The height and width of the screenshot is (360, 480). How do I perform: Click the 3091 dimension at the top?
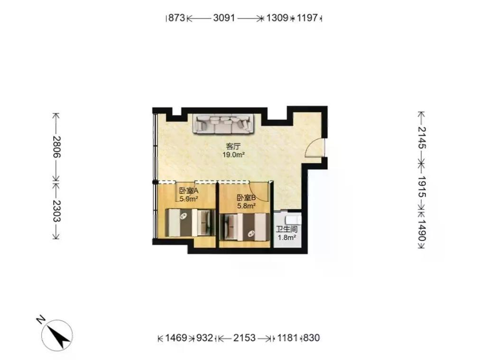tap(224, 18)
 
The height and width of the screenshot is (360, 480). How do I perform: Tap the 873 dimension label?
tap(176, 18)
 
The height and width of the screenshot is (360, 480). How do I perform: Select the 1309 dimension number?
tap(277, 18)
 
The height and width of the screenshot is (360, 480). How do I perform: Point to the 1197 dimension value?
tap(307, 18)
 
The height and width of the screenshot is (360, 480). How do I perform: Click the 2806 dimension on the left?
tap(56, 147)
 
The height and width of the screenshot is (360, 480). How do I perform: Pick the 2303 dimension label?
tap(56, 211)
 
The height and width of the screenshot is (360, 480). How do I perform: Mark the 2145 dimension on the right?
tap(422, 138)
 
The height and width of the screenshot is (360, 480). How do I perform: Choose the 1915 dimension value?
tap(422, 186)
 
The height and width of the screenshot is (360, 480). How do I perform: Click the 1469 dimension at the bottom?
tap(176, 338)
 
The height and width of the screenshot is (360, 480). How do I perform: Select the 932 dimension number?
tap(204, 338)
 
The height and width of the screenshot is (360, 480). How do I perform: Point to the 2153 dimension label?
tap(244, 338)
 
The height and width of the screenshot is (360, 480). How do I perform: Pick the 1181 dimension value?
tap(287, 338)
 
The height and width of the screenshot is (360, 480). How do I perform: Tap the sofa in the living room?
tap(223, 124)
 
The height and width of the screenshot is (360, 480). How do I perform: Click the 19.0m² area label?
tap(233, 155)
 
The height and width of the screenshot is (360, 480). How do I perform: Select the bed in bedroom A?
tap(190, 222)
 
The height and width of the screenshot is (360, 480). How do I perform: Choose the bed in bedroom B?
tap(245, 227)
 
